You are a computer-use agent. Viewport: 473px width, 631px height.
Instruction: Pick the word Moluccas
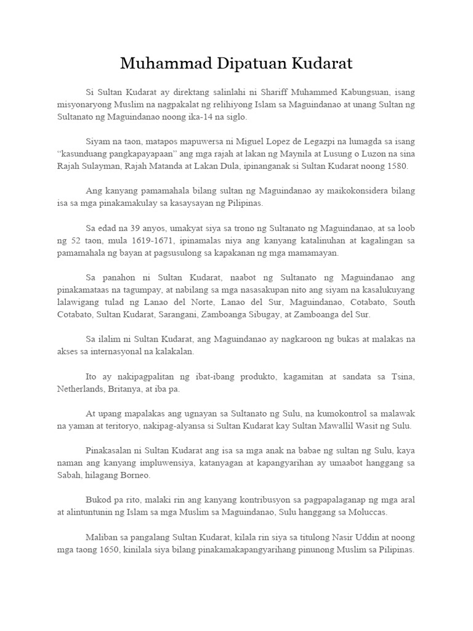(367, 513)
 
